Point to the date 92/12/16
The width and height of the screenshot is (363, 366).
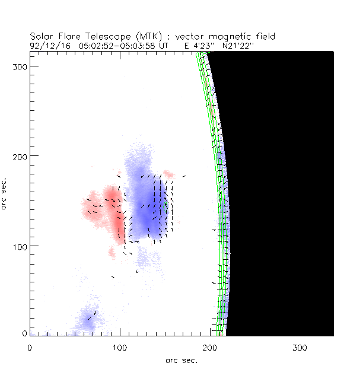pyautogui.click(x=49, y=44)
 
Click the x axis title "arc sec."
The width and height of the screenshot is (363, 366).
pyautogui.click(x=181, y=359)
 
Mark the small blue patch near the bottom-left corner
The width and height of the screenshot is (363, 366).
pyautogui.click(x=88, y=317)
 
